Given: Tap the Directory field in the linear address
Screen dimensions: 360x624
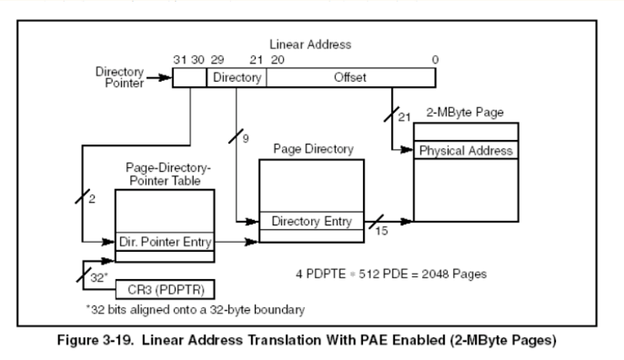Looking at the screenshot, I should [237, 78].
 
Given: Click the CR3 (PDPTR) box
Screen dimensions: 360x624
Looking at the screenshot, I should [166, 289].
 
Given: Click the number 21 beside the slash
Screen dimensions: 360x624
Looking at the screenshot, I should [405, 118].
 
